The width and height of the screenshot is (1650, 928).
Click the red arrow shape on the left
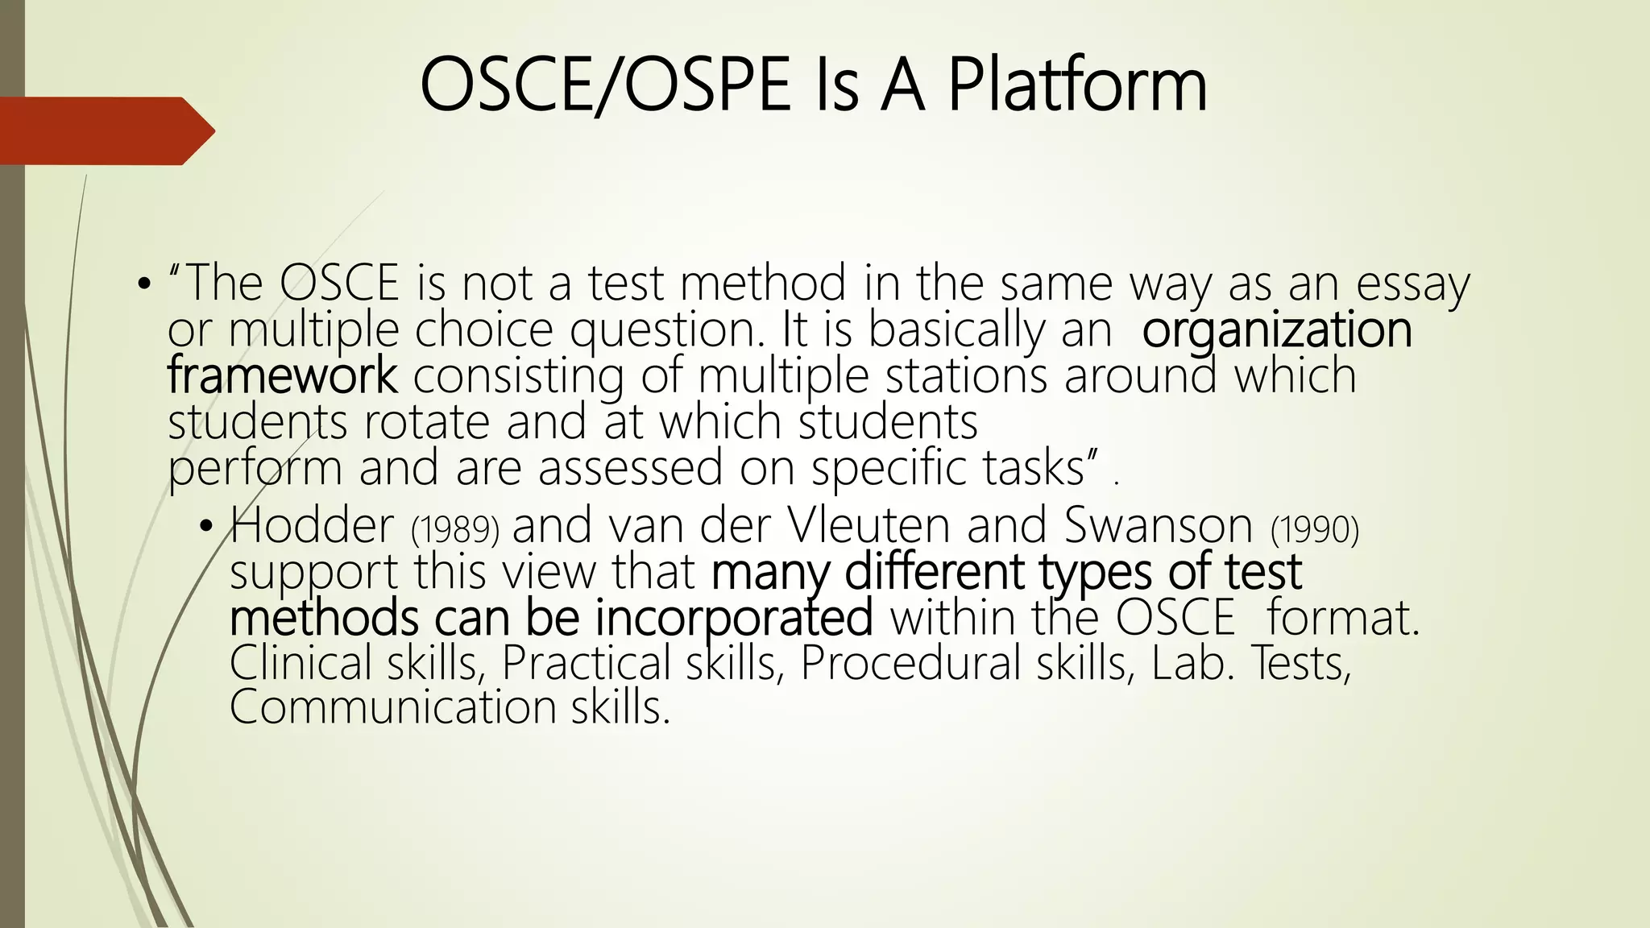coord(105,130)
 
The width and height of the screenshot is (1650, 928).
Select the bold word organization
coord(1277,331)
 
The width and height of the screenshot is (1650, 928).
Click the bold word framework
coord(282,376)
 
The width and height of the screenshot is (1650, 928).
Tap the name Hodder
coord(313,526)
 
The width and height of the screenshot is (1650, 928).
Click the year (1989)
coord(455,529)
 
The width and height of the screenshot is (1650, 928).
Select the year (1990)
coord(1315,529)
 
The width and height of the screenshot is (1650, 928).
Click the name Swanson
coord(1159,526)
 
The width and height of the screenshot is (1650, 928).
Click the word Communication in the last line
coord(392,707)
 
